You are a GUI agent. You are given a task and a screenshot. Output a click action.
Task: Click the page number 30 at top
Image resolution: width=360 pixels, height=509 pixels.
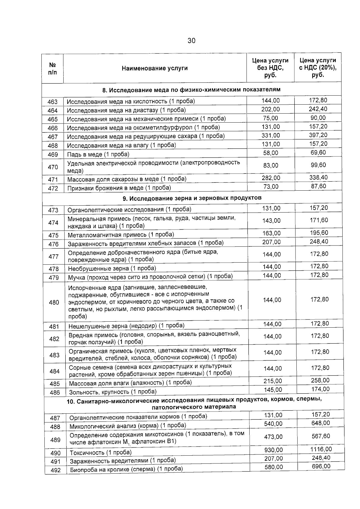click(x=191, y=40)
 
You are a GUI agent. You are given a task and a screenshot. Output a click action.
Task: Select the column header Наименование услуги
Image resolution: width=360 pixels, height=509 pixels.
click(x=154, y=68)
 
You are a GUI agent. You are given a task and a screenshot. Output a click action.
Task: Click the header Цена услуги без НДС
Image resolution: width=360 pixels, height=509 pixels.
click(x=270, y=68)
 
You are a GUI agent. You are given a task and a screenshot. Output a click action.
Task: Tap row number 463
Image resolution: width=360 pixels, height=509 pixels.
click(x=52, y=102)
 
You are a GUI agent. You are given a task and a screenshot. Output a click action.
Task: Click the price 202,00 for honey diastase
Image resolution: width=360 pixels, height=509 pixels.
click(x=270, y=109)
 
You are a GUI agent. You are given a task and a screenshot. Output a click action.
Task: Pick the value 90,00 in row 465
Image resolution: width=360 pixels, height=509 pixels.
click(x=318, y=118)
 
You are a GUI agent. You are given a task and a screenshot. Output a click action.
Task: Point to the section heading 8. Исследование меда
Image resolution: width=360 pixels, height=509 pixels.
click(x=191, y=90)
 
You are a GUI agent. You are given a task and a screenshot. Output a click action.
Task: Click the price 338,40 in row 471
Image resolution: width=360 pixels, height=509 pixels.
click(x=319, y=177)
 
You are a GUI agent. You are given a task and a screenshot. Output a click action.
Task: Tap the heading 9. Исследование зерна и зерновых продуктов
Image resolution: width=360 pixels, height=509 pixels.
click(x=192, y=198)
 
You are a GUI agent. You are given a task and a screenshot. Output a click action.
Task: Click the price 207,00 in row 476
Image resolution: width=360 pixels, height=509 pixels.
click(x=271, y=242)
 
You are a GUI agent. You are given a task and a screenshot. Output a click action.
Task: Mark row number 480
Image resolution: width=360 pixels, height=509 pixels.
click(x=54, y=302)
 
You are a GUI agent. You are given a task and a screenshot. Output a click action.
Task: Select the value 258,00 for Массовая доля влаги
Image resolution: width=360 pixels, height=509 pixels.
click(x=320, y=380)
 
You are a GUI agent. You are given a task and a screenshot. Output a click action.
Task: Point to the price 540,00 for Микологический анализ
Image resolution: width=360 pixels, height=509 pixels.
click(x=273, y=424)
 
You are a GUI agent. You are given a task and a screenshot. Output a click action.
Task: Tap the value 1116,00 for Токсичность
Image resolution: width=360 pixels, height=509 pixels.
click(x=321, y=449)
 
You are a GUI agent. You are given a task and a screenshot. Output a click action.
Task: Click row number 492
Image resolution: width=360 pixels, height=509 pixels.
click(x=55, y=470)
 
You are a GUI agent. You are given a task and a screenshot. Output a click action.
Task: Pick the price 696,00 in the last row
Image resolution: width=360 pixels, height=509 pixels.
click(x=321, y=466)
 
